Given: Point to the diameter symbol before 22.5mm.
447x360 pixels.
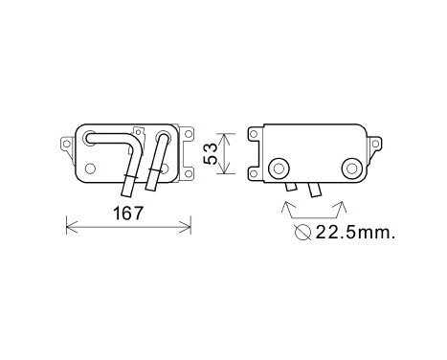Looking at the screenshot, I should pos(303,232).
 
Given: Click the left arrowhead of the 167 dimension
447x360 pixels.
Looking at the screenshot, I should pos(68,226).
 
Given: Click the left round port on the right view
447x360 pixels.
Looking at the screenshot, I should pos(281,167).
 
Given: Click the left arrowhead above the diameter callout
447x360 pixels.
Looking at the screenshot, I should pos(288,204).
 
